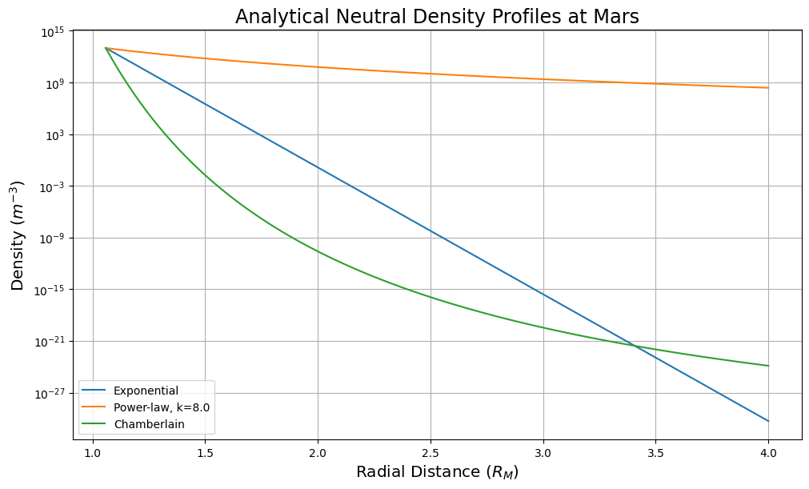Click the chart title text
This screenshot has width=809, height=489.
pyautogui.click(x=437, y=17)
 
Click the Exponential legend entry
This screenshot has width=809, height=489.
pyautogui.click(x=146, y=391)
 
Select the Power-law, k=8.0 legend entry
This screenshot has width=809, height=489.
pyautogui.click(x=161, y=407)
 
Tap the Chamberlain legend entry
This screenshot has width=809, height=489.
pyautogui.click(x=149, y=424)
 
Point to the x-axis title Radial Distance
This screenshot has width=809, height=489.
pyautogui.click(x=437, y=472)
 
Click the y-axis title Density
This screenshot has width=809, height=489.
pyautogui.click(x=18, y=235)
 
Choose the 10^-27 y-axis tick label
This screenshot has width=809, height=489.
pyautogui.click(x=53, y=393)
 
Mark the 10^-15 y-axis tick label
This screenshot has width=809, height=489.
pyautogui.click(x=53, y=290)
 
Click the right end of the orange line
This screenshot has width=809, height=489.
pyautogui.click(x=768, y=88)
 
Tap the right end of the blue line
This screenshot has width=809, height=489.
pyautogui.click(x=768, y=421)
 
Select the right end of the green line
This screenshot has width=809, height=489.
pyautogui.click(x=768, y=366)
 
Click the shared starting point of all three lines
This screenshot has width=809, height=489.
pyautogui.click(x=106, y=48)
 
